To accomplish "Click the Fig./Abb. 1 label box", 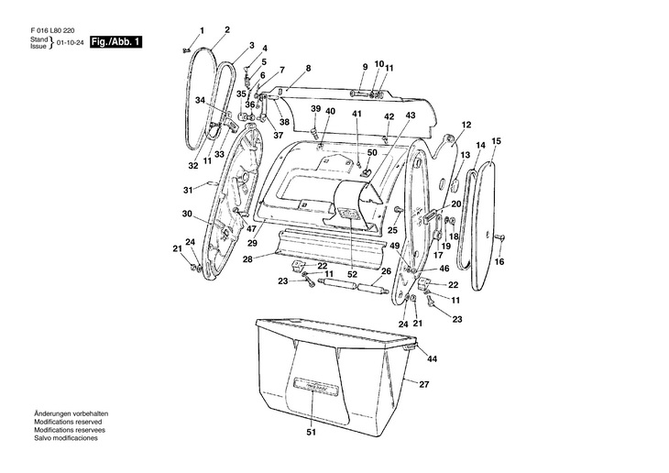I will click(x=115, y=43).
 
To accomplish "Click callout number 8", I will click(x=308, y=68).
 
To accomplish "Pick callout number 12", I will click(x=466, y=125).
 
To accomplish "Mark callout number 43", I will click(x=410, y=115).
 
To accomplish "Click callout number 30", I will click(x=186, y=214).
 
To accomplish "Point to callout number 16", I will click(x=499, y=261).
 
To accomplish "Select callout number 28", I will click(x=247, y=259).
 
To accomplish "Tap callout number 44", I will click(x=432, y=358).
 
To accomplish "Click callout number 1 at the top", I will click(x=203, y=32).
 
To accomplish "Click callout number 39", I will click(x=314, y=109).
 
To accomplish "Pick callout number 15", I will click(x=496, y=141).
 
